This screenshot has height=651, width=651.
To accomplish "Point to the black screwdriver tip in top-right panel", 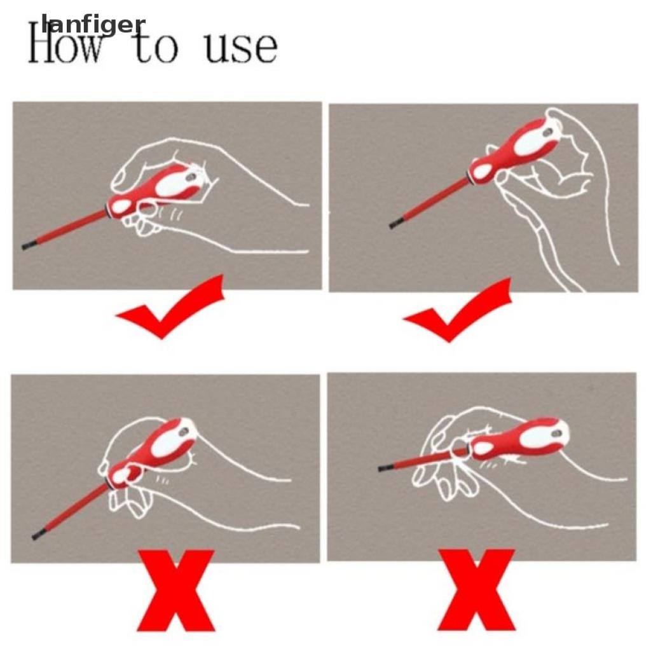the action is pos(394,224).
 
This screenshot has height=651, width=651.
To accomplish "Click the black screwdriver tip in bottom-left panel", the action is pos(38,535).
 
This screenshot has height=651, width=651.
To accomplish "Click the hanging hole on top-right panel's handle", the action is pos(547,132).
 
